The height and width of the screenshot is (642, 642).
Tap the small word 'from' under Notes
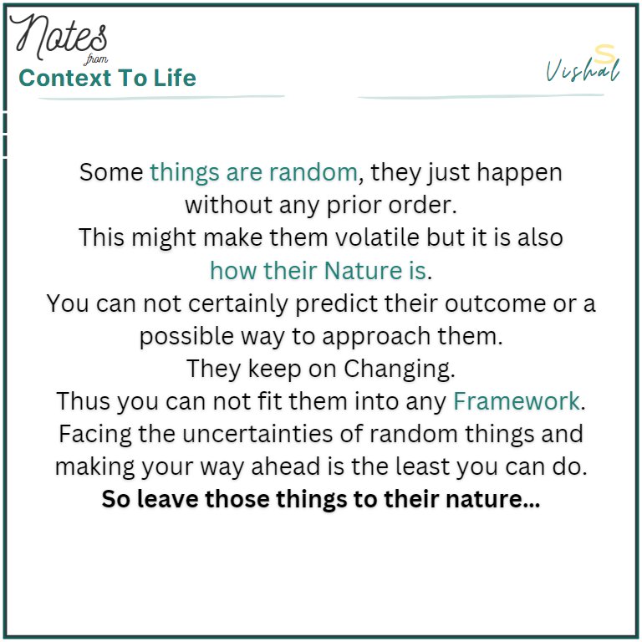[x=97, y=59]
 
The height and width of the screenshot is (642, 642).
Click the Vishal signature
[x=583, y=72]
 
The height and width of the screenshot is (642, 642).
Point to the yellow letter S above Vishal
[x=600, y=52]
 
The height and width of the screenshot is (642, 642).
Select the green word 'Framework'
[x=516, y=401]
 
